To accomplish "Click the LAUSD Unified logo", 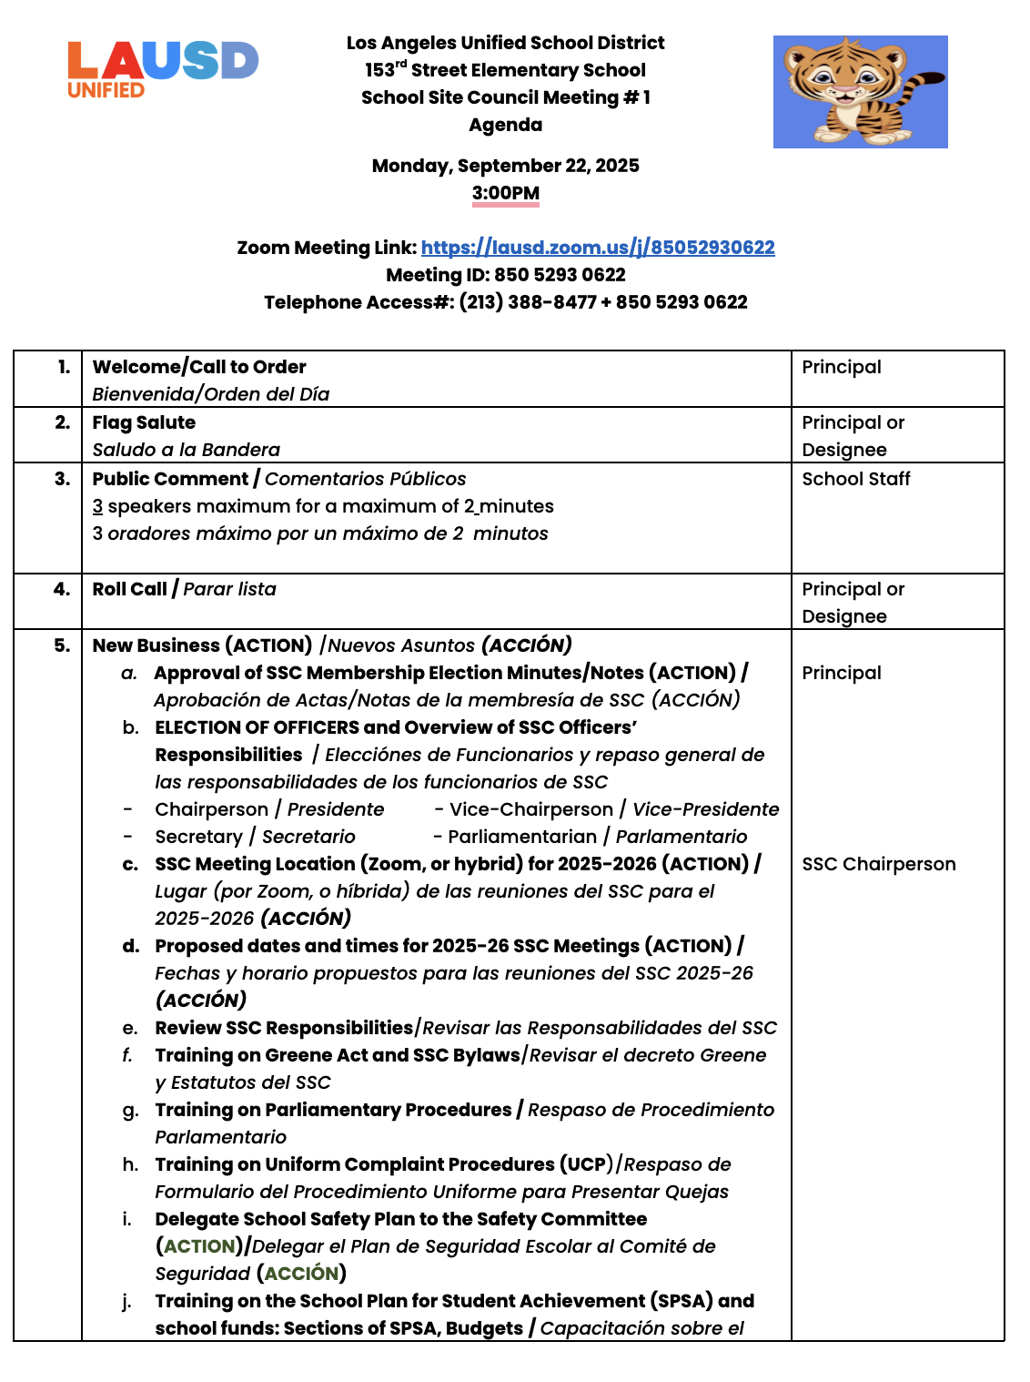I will (x=162, y=69).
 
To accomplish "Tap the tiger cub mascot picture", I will (x=860, y=92).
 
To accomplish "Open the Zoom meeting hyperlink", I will (x=598, y=248).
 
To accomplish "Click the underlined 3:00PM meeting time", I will (x=506, y=193).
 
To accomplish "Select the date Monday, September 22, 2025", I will (x=506, y=166).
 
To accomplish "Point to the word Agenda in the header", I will (x=506, y=125).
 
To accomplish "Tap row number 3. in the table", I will (x=62, y=479).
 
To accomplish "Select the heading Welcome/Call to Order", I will (x=199, y=367).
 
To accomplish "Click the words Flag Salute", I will (x=144, y=422).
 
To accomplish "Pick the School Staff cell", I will (x=856, y=479).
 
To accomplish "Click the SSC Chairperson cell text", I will (x=879, y=864).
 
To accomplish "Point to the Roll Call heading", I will (x=129, y=589).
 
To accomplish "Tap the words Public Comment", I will (x=170, y=479).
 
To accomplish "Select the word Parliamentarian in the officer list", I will (x=522, y=837).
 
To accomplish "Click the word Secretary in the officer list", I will (x=198, y=837).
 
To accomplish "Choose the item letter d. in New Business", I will (x=131, y=946).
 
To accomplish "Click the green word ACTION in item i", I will (x=199, y=1246).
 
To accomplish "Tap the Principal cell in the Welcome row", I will (x=842, y=367).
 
